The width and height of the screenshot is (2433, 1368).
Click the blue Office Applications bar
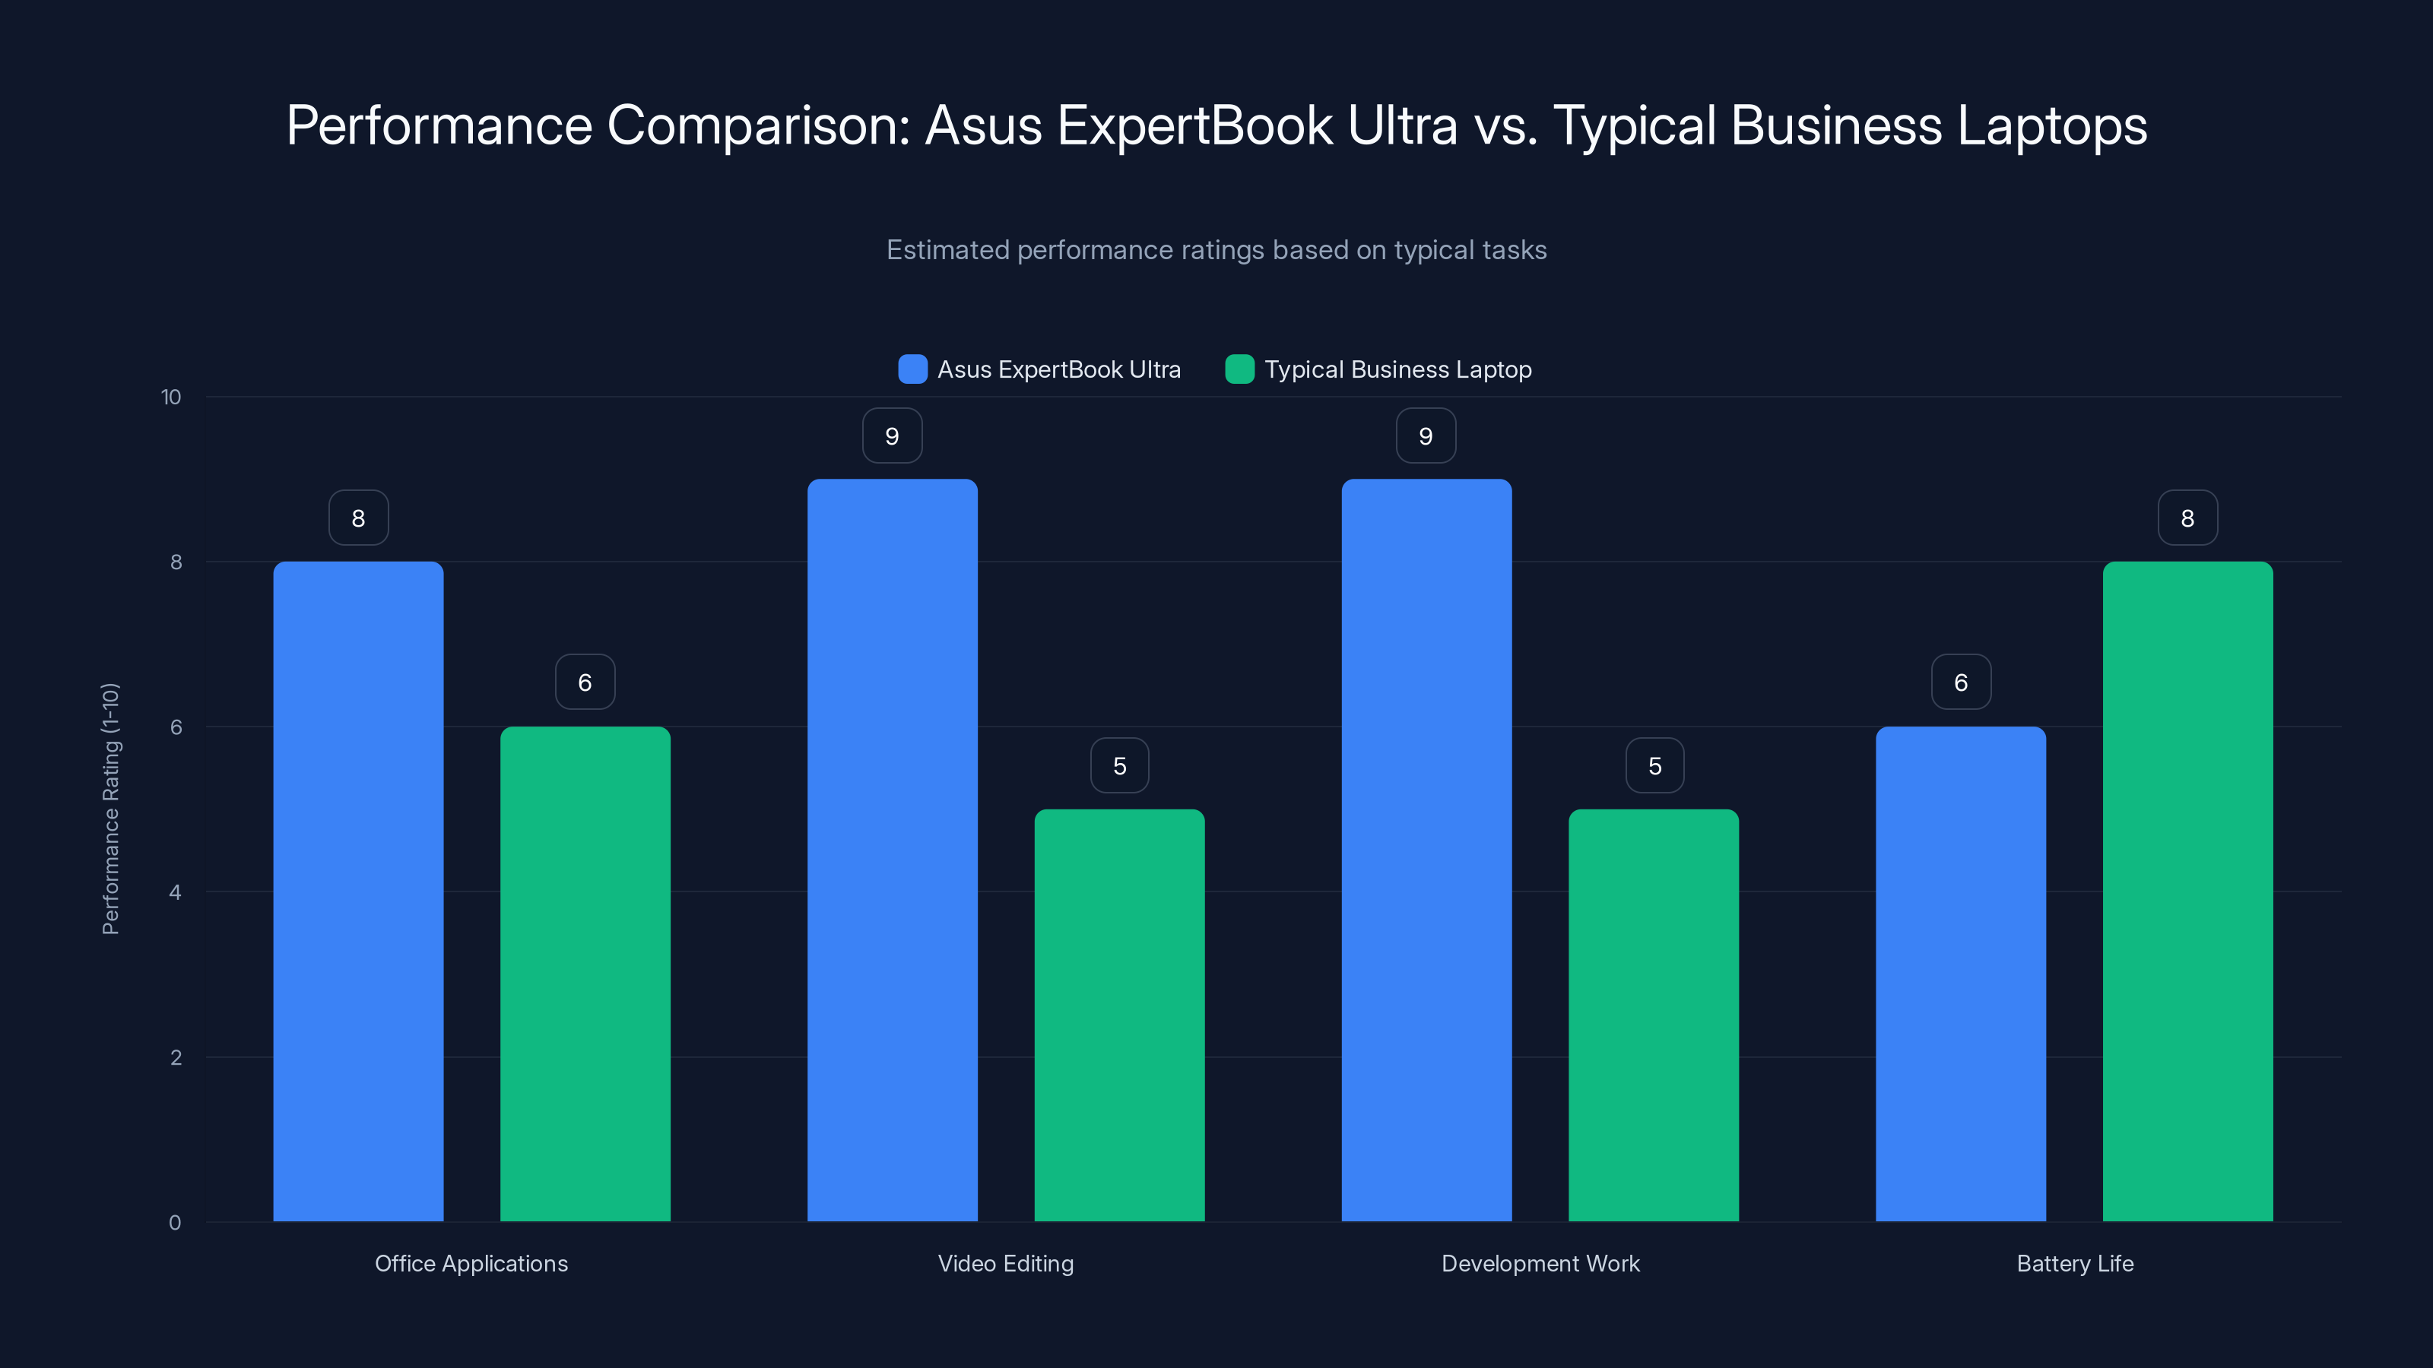tap(358, 891)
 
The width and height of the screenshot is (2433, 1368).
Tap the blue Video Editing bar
tap(892, 850)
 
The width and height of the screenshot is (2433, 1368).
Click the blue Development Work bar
tap(1426, 850)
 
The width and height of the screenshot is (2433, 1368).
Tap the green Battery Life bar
tap(2187, 891)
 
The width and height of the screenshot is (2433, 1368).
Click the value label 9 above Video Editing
tap(892, 436)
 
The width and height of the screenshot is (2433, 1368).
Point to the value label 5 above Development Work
tap(1654, 765)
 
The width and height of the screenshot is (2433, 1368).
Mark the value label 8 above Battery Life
tap(2187, 518)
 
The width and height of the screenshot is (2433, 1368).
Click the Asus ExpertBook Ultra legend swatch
tap(912, 369)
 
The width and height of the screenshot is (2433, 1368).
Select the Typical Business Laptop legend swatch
tap(1239, 369)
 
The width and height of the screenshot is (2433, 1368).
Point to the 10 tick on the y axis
tap(171, 397)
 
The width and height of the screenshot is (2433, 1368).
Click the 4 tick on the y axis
tap(175, 892)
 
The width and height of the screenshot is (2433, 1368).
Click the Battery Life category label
tap(2074, 1263)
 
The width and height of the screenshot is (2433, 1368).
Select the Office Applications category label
tap(471, 1263)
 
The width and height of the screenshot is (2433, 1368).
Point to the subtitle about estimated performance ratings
tap(1216, 250)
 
